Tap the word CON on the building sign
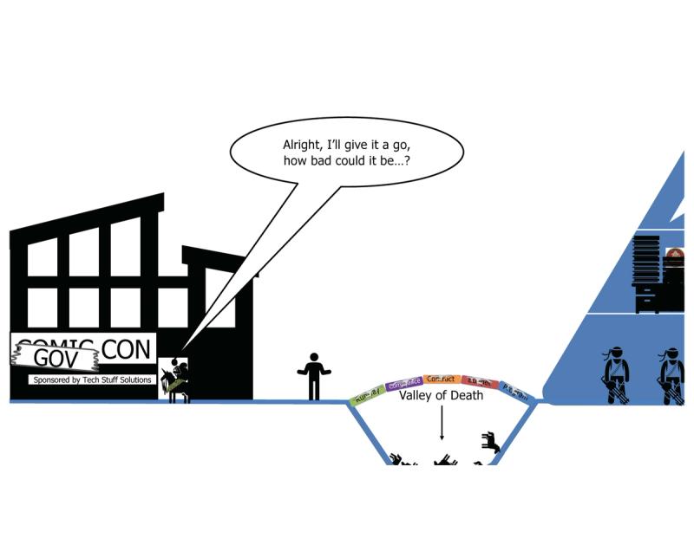pyautogui.click(x=127, y=349)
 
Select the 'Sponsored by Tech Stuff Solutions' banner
pyautogui.click(x=91, y=380)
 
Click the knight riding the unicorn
pyautogui.click(x=178, y=380)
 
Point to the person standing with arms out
pyautogui.click(x=314, y=375)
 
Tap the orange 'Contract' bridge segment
pyautogui.click(x=442, y=380)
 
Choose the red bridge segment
pyautogui.click(x=479, y=383)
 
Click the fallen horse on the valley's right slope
pyautogui.click(x=491, y=444)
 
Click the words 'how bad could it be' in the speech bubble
pyautogui.click(x=345, y=162)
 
